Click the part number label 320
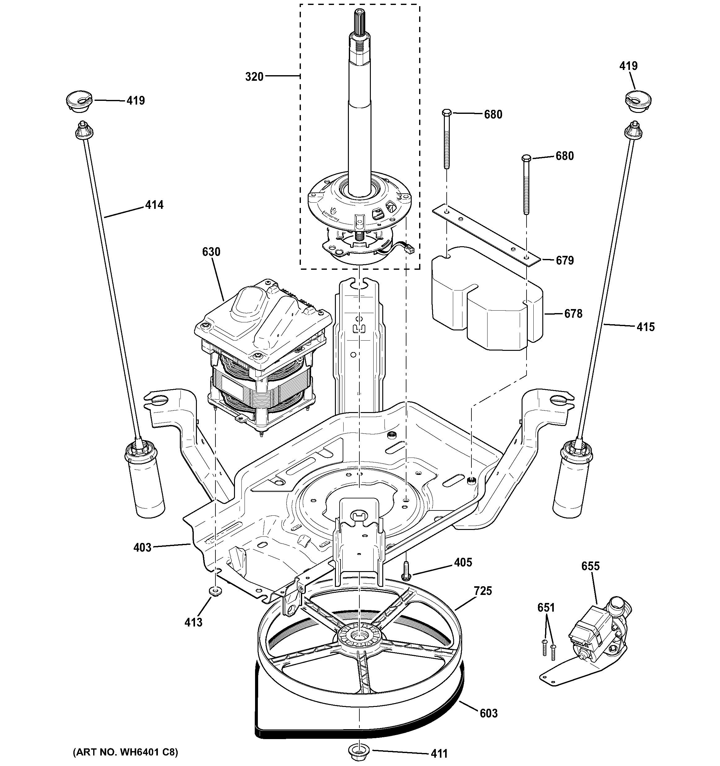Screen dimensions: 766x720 tap(254, 77)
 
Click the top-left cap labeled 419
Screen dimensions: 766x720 tap(80, 102)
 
